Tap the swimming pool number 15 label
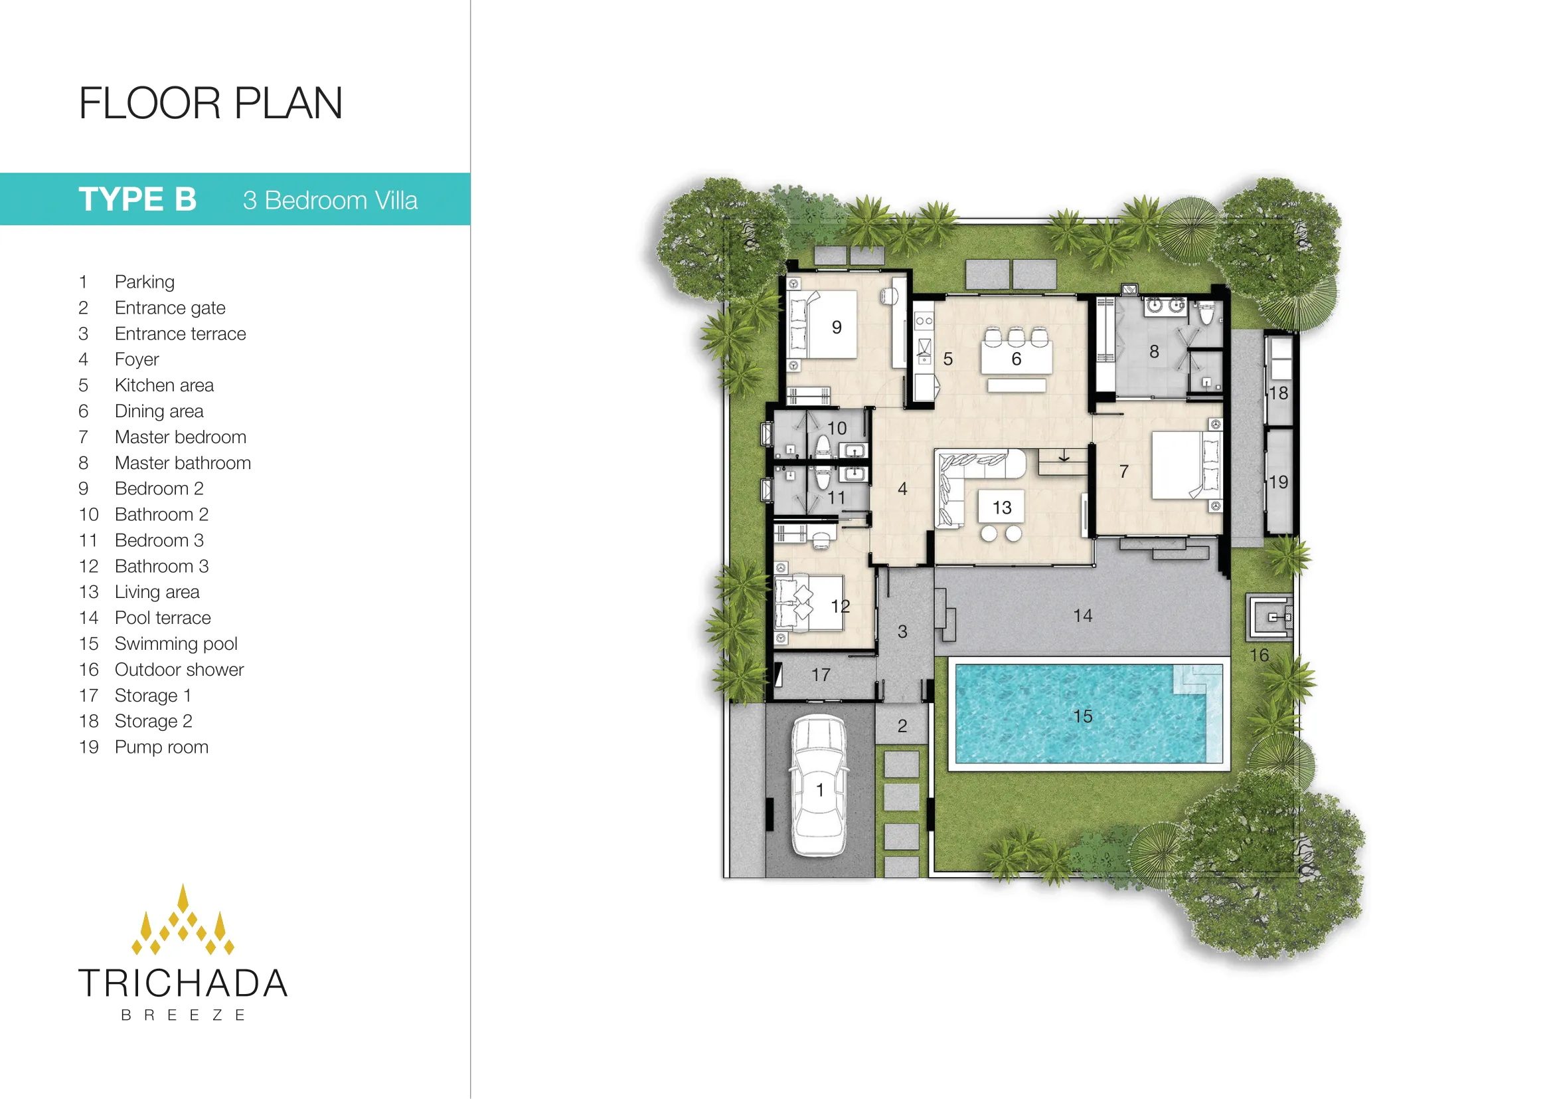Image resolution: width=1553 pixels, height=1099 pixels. coord(1082,716)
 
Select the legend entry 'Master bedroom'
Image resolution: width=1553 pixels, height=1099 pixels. coord(181,437)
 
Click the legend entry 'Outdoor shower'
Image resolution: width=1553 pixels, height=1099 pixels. coord(179,669)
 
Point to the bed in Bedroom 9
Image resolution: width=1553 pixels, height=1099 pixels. coord(823,325)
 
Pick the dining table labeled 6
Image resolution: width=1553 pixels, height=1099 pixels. coord(1017,357)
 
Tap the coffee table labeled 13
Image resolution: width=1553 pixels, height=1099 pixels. coord(1002,507)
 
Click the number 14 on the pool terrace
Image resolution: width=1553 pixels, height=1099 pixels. coord(1082,616)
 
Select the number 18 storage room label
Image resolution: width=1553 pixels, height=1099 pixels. coord(1278,393)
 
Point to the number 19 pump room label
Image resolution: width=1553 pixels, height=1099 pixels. coord(1278,482)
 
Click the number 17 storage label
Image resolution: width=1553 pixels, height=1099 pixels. coord(821,674)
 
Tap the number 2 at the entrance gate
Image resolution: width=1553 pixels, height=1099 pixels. coord(902,726)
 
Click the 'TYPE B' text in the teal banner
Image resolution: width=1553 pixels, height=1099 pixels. coord(137,199)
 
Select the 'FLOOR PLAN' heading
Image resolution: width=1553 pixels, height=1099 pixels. coord(210,104)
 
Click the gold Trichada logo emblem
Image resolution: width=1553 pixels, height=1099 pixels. coord(183,920)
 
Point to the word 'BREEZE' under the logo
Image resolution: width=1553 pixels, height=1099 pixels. coord(183,1015)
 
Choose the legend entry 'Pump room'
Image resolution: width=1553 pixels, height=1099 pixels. coord(161,747)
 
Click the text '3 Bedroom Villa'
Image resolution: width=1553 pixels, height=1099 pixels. coord(330,200)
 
